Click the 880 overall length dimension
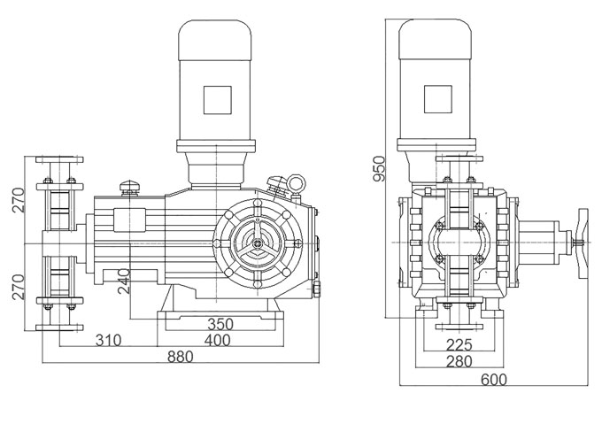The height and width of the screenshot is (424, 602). pos(180,357)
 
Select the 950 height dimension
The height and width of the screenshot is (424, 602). pos(379,168)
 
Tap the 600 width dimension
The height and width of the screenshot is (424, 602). pos(494,379)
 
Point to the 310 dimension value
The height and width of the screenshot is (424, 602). pos(108,340)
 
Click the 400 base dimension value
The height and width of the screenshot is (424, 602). pos(217,340)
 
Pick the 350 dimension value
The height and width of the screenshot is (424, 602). pos(220,324)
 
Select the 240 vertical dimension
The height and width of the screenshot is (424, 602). pos(124,281)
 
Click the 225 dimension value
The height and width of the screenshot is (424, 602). pos(459,345)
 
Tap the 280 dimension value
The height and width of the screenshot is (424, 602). pos(459,361)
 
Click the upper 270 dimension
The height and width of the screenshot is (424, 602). pos(18,200)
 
